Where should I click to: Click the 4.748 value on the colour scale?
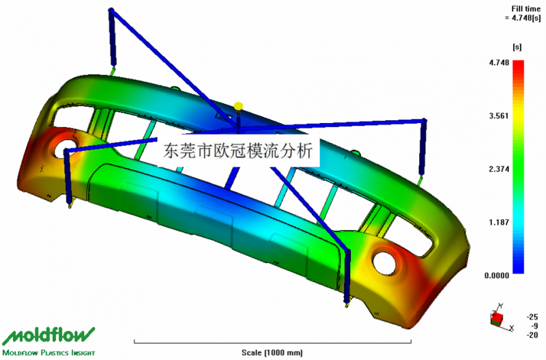coord(499,63)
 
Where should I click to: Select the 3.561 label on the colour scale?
coord(499,115)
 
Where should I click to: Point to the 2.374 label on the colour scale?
coord(499,169)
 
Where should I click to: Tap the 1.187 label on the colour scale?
coord(499,222)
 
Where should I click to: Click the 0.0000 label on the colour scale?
coord(497,276)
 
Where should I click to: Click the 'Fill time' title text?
coord(526,9)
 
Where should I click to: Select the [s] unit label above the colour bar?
coord(517,47)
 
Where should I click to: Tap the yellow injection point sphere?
coord(238,106)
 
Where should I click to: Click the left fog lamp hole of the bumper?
coord(65,148)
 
